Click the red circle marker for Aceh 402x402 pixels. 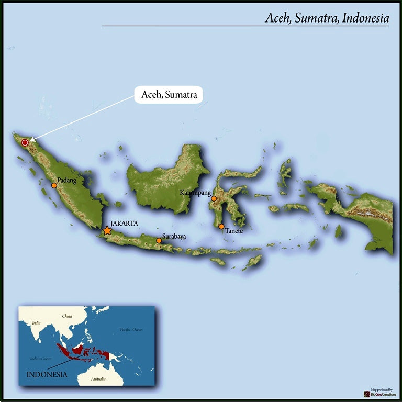(25, 142)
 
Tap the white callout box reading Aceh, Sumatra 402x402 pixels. (169, 95)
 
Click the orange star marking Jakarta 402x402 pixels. (107, 230)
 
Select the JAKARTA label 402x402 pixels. (124, 223)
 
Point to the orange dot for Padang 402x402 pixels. (54, 185)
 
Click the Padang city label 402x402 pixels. (67, 181)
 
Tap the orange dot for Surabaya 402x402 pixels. (159, 241)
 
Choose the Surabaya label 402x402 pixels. (174, 237)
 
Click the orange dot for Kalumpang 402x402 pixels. (214, 198)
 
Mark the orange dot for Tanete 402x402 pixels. (221, 226)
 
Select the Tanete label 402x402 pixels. (234, 231)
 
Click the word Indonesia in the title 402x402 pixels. (366, 18)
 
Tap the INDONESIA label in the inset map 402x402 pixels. (47, 374)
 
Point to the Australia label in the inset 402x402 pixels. (98, 378)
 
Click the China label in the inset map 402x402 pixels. (67, 316)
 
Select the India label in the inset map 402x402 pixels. (36, 323)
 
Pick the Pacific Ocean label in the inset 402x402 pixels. (131, 329)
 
